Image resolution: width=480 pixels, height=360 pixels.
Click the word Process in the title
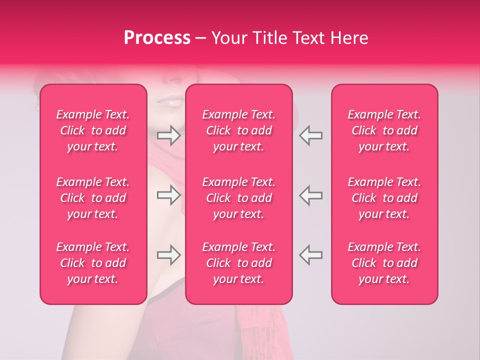point(157,38)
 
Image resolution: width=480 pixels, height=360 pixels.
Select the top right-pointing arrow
point(168,135)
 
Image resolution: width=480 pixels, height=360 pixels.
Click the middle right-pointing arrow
point(168,195)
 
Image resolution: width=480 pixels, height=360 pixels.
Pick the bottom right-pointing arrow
point(168,255)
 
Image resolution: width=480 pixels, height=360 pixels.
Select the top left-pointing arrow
point(310,135)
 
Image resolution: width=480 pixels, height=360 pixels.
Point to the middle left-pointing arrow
point(310,195)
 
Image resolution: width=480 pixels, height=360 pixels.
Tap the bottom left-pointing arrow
point(310,255)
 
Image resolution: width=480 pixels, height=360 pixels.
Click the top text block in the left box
point(93,130)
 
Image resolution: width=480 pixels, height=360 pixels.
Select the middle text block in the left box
point(93,198)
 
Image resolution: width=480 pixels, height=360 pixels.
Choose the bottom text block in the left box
point(93,263)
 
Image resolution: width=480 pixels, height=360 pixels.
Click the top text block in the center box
point(239,130)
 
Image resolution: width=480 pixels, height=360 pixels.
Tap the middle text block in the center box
point(239,198)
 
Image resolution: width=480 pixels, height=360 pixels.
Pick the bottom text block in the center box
point(239,263)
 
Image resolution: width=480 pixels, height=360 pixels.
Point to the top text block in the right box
point(384,130)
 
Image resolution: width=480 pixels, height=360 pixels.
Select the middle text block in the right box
point(384,198)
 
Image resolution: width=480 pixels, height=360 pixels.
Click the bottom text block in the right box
point(384,263)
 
